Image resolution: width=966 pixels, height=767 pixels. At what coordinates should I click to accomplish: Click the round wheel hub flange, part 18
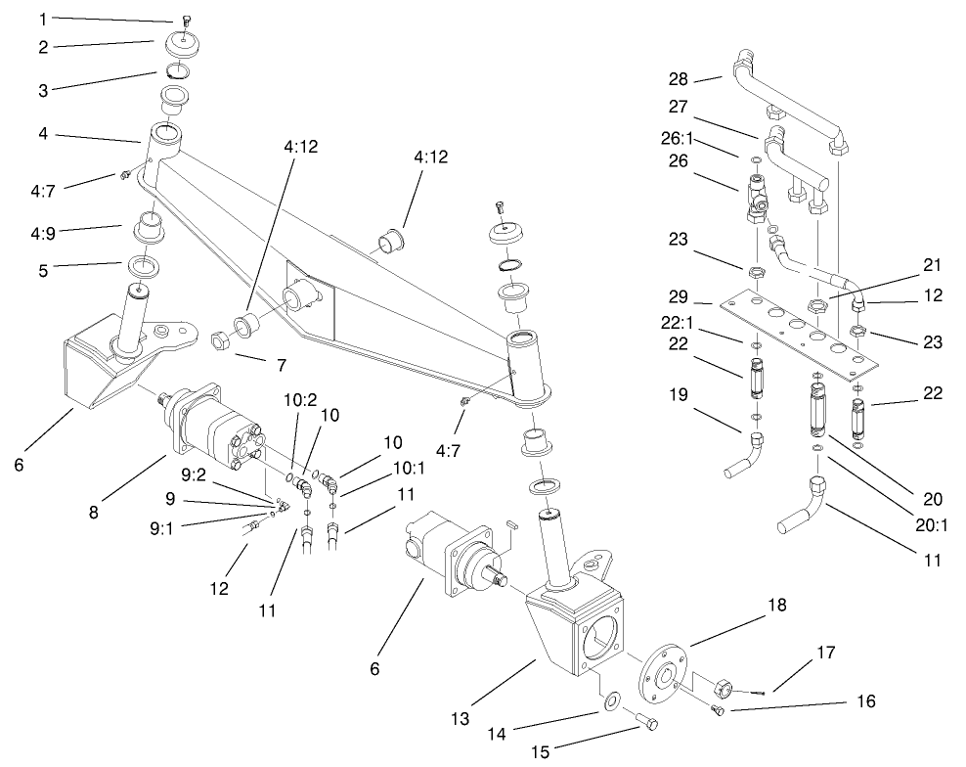662,675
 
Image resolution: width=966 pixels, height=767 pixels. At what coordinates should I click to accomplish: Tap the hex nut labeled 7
221,340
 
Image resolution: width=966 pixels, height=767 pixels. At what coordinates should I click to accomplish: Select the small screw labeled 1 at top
185,21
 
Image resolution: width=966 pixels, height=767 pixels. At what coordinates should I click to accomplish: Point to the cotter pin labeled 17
754,692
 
